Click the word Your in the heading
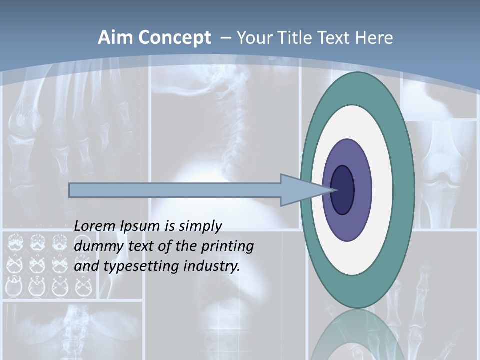(x=255, y=38)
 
